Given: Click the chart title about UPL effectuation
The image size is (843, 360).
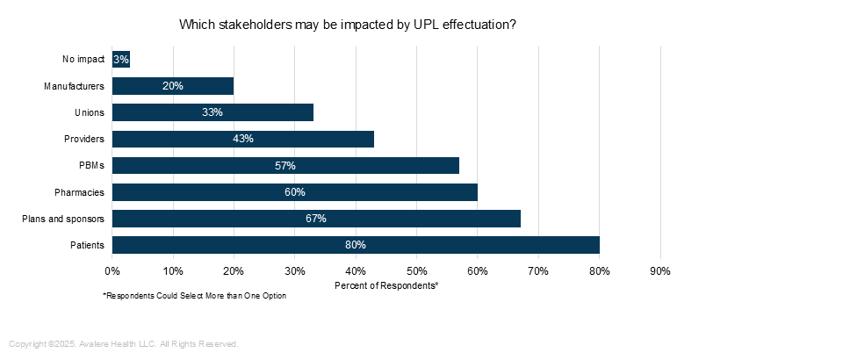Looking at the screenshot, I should coord(347,25).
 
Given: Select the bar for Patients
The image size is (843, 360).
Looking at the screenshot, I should coord(355,245).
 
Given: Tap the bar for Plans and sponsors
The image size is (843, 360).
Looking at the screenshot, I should coord(316,219).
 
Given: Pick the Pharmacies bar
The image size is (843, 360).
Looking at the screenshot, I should coord(294,192).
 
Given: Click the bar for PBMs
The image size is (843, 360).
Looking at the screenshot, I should coord(285,165).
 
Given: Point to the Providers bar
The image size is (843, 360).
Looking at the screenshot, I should coord(242,139).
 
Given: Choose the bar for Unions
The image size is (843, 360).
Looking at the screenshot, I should coord(213,112).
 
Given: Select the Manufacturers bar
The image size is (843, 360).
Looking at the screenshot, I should coord(173,86).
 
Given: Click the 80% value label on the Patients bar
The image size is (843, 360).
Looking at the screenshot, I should coord(355,245).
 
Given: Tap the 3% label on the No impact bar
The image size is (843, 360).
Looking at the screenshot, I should coord(121,60).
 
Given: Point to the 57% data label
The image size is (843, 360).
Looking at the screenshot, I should coord(285,165).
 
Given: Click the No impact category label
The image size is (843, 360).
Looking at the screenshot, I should coord(83,60).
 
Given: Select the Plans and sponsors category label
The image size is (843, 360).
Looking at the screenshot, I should coord(63,219).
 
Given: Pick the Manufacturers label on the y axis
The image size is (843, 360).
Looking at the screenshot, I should coord(74,86).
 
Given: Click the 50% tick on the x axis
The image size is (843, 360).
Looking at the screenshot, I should coord(416,270).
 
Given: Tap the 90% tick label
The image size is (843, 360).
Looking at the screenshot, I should coord(659,270).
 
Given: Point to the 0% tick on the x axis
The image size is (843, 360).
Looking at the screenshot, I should coord(112,270).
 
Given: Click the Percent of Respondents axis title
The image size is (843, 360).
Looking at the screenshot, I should coord(386,285).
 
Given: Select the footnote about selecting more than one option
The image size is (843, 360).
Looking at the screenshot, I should coord(194,296).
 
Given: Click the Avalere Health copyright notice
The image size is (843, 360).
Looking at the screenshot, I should coord(124,343).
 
